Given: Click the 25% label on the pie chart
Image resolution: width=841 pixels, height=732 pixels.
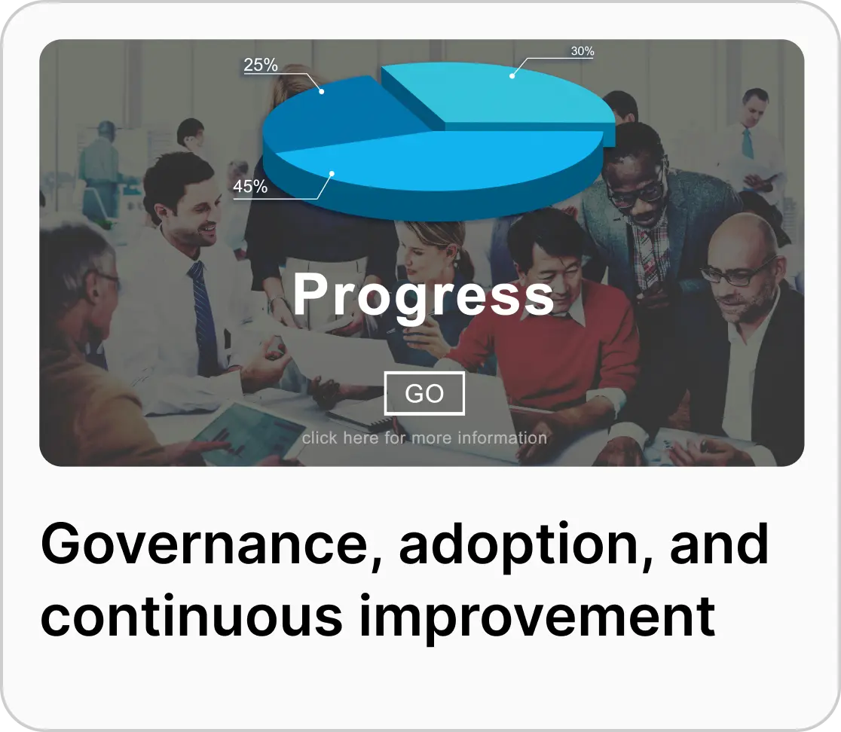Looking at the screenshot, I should (x=261, y=66).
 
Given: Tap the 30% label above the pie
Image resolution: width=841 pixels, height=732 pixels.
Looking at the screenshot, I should (x=582, y=52).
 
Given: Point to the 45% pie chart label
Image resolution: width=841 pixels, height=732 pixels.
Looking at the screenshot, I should (x=250, y=186).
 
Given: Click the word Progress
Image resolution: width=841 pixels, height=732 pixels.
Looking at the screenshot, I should (x=423, y=294).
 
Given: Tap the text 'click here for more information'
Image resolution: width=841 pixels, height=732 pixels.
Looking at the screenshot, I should (x=424, y=438).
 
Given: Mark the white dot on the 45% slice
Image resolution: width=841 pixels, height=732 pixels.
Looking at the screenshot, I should (x=332, y=174).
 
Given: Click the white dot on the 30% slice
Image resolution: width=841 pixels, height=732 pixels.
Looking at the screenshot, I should (x=512, y=75).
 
